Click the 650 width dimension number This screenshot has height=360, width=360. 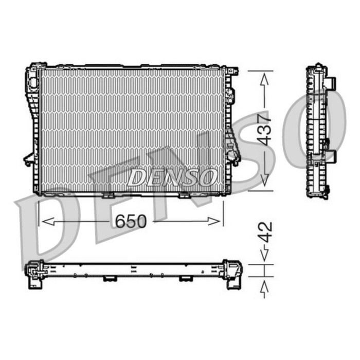pyautogui.click(x=131, y=221)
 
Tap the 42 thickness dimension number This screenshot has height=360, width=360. pyautogui.click(x=265, y=231)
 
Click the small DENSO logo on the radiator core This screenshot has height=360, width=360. pyautogui.click(x=171, y=177)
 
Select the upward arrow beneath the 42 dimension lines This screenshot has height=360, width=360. pyautogui.click(x=264, y=287)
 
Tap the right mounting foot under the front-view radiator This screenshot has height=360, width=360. pyautogui.click(x=184, y=195)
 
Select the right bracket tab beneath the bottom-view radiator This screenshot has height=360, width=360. pyautogui.click(x=185, y=279)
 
